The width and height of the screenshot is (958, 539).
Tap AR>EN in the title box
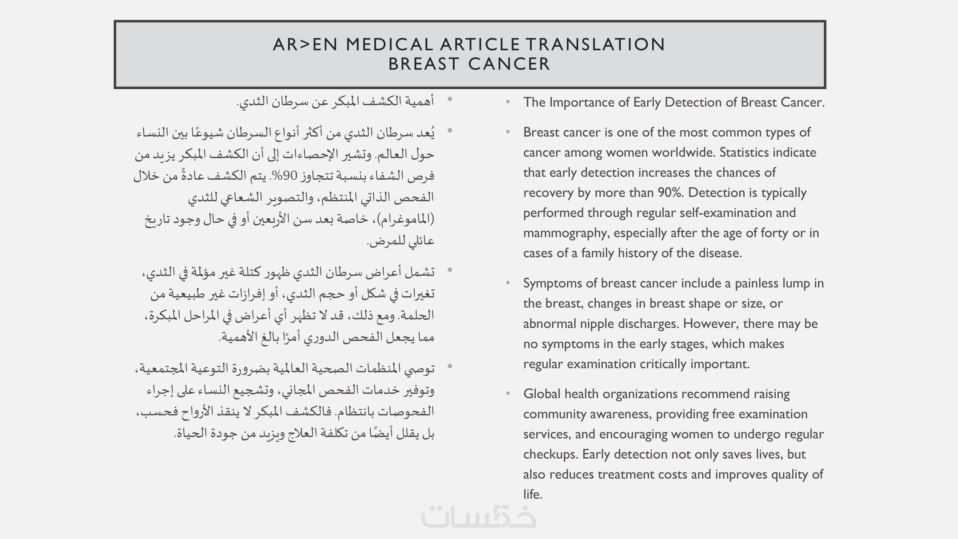tap(305, 45)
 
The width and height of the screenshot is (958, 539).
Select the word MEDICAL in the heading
tap(389, 45)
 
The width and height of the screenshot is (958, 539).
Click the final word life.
tap(533, 495)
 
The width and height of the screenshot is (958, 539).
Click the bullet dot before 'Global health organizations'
tap(508, 394)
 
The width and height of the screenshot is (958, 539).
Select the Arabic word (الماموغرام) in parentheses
tap(406, 219)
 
